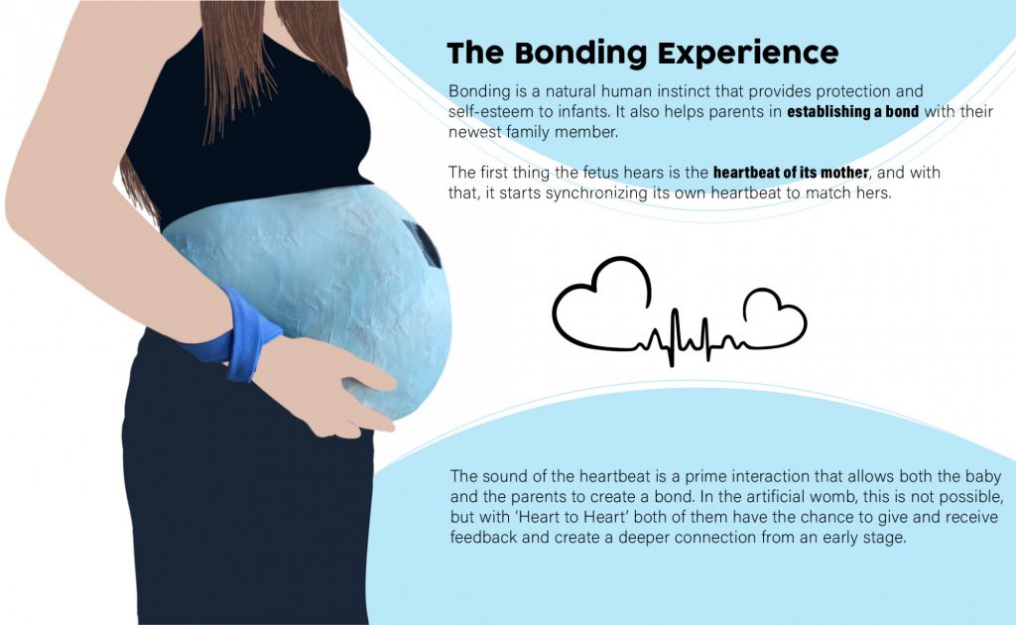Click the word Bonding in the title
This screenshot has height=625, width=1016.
point(580,54)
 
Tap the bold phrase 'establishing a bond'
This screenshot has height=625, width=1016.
point(852,111)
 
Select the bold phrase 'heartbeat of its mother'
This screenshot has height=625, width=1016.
point(791,173)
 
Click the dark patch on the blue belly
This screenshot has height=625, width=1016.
point(423,243)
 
